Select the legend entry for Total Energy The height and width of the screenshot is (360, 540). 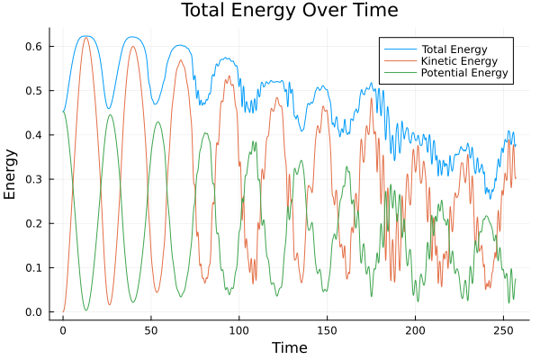pos(455,47)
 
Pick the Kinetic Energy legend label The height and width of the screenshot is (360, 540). pos(459,59)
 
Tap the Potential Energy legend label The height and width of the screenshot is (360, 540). pos(464,72)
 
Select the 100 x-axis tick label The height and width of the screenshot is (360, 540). pos(238,331)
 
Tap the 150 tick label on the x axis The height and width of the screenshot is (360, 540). pos(327,331)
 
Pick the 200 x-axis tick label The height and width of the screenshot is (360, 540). pos(415,331)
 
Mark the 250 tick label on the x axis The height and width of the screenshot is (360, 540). pos(503,331)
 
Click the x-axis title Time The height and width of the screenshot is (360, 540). pos(289,347)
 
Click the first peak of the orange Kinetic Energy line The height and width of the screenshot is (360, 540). pos(85,37)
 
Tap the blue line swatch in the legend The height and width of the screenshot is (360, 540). pos(397,47)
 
